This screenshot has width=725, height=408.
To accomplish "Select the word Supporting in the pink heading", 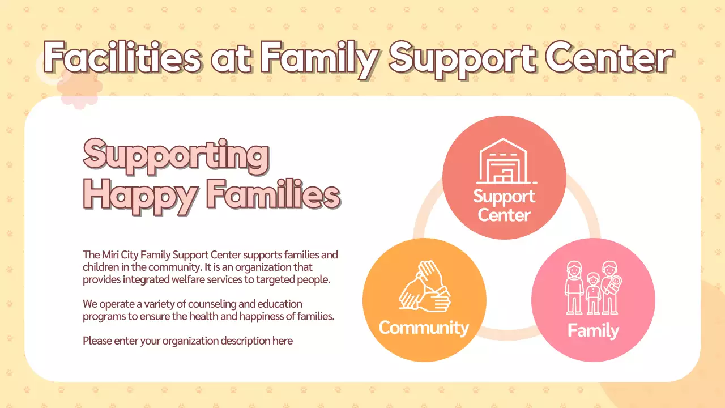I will click(176, 155).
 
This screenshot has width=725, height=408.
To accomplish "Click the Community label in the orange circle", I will click(424, 328).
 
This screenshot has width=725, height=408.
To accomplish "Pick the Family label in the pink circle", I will click(593, 330).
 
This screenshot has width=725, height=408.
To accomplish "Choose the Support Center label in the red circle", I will click(504, 206).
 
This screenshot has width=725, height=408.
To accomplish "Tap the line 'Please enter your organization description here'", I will click(187, 341).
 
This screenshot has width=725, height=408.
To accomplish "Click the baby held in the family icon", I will click(613, 282).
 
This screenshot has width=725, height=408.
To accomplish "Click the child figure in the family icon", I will click(593, 293).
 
